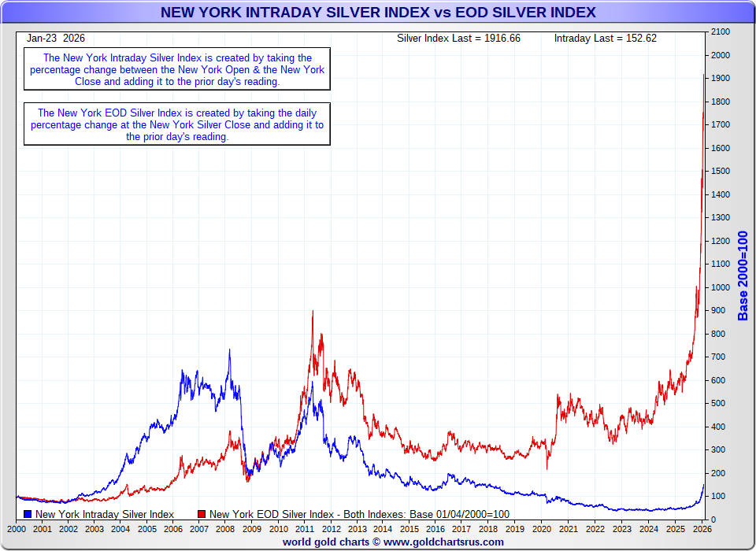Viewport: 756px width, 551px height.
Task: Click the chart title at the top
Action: point(378,13)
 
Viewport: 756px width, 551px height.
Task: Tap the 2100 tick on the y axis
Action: point(721,32)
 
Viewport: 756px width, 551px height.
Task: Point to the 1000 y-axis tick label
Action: point(721,287)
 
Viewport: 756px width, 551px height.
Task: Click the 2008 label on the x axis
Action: point(226,530)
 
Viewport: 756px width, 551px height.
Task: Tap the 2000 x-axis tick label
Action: point(16,530)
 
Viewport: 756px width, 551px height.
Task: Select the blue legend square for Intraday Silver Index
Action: point(28,514)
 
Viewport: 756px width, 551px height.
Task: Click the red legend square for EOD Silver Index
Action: point(202,514)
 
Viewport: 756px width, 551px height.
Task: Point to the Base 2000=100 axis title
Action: point(743,276)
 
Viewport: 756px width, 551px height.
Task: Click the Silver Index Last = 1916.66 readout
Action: point(458,38)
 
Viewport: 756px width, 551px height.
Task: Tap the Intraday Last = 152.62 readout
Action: point(605,38)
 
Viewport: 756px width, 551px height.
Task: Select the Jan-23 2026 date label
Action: point(56,38)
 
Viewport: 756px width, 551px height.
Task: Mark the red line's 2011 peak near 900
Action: point(313,311)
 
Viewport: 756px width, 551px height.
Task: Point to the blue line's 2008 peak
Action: point(230,349)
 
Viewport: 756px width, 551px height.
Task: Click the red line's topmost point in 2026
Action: point(703,75)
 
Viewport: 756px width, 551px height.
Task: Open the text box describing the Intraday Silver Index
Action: point(177,69)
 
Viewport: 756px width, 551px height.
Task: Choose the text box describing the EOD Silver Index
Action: point(177,124)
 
